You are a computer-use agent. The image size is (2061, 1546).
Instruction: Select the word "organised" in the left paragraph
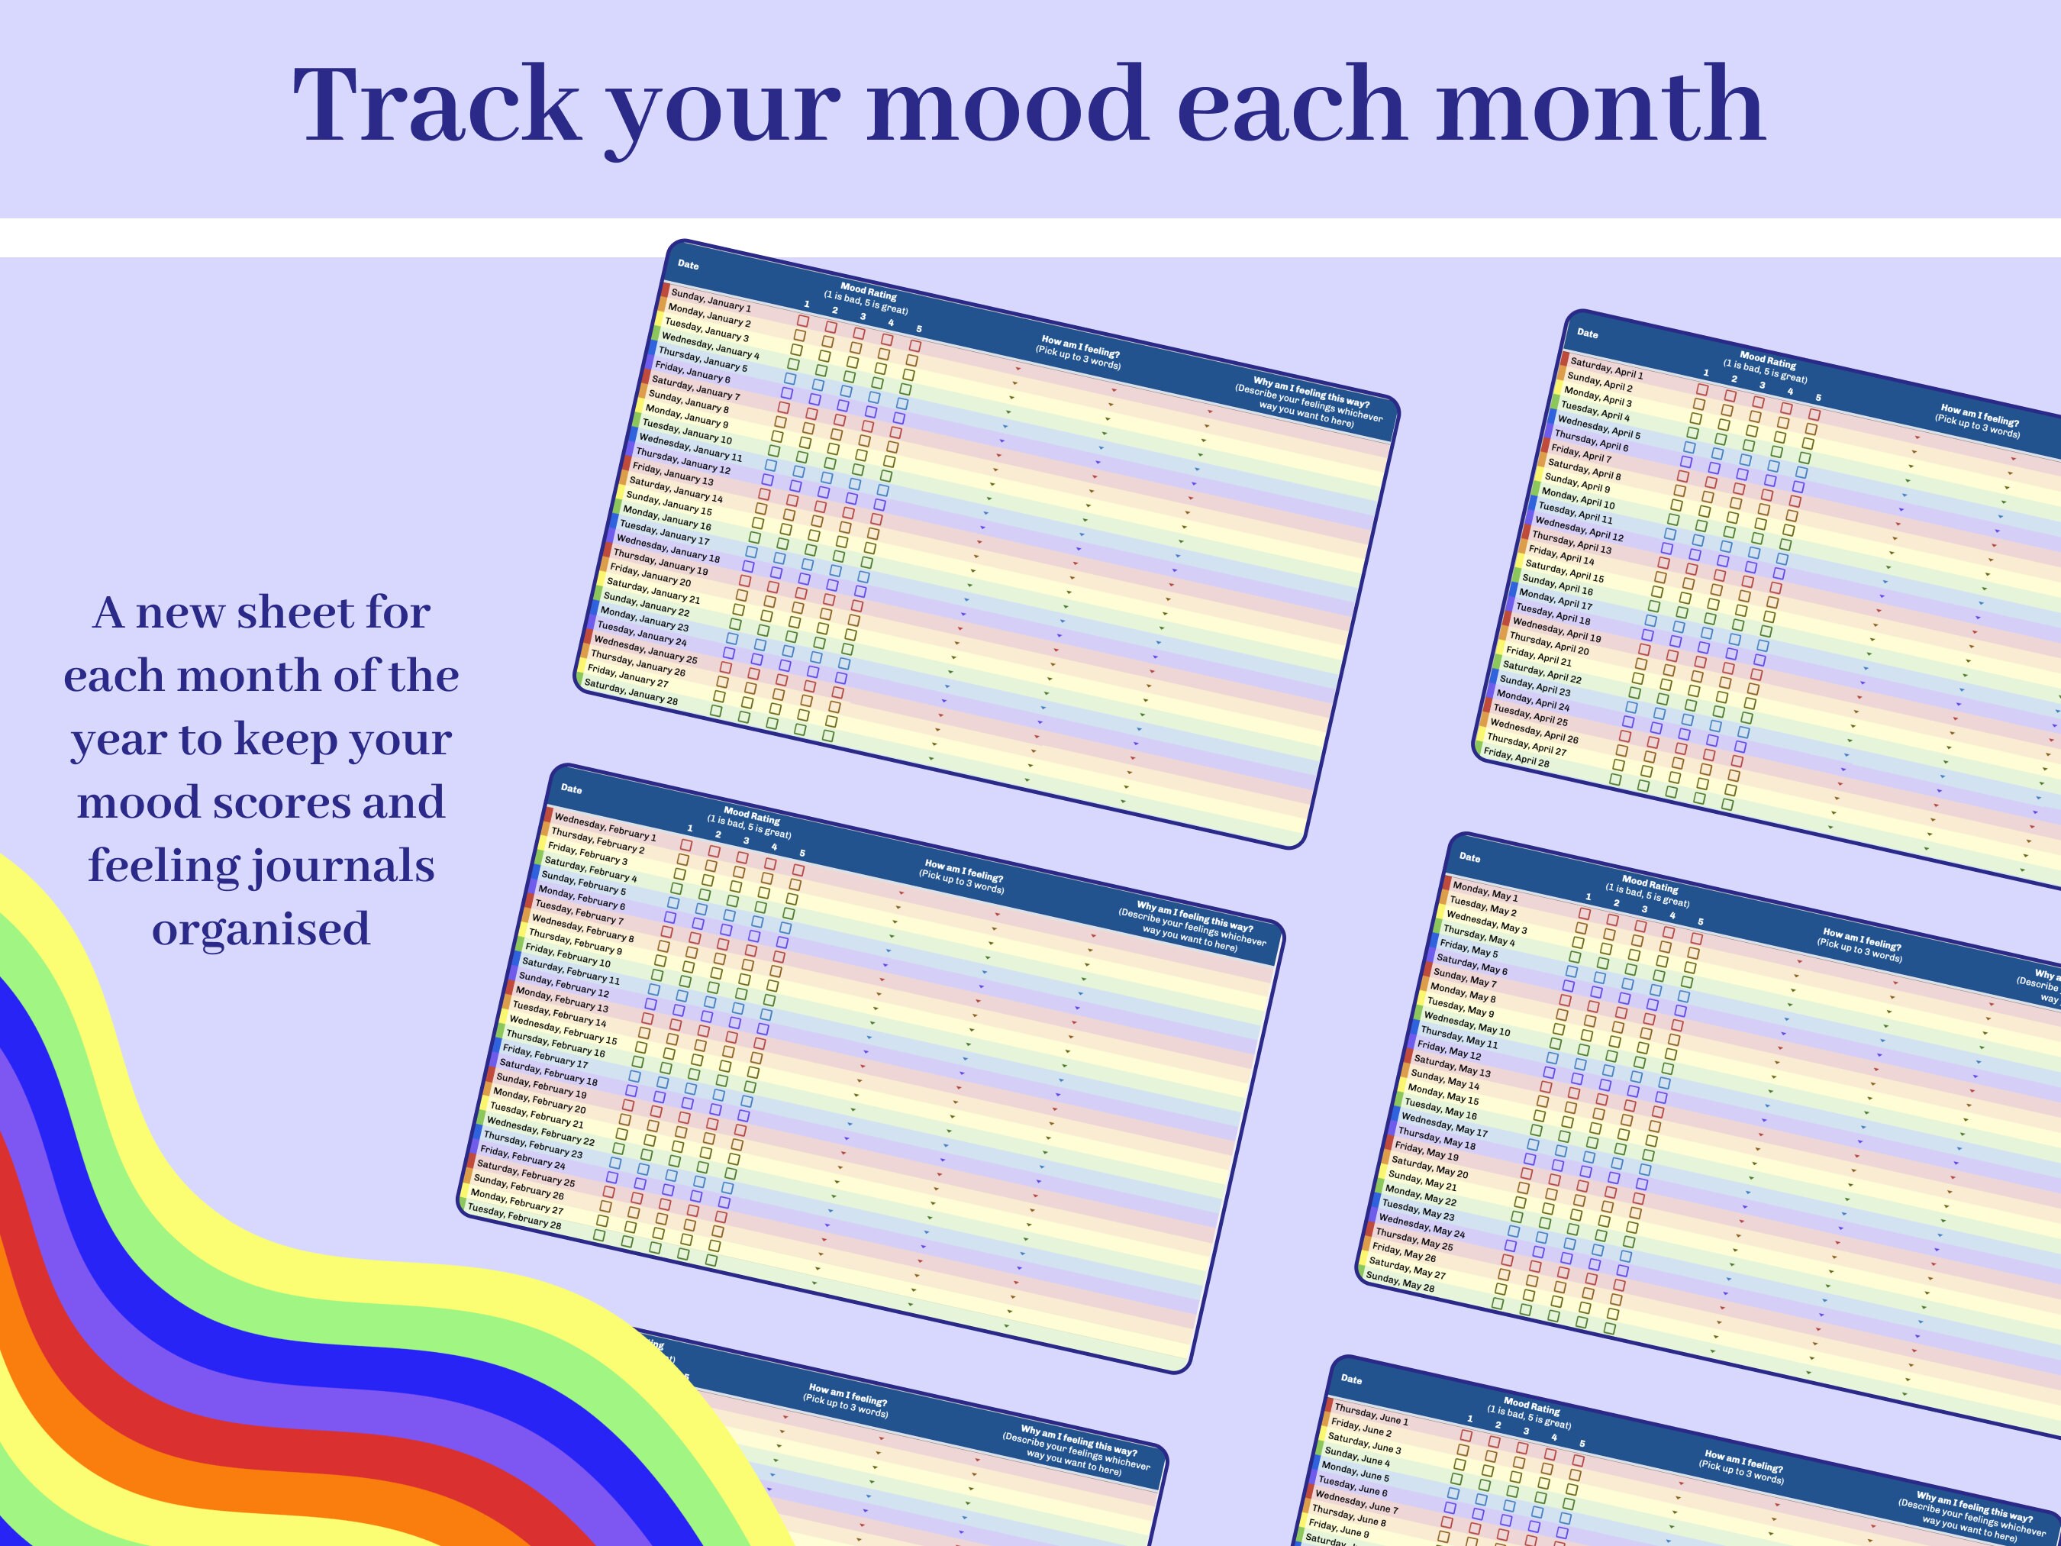(x=261, y=928)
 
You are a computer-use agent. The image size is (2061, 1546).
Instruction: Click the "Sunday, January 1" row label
(x=711, y=300)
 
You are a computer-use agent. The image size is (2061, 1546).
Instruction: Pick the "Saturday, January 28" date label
(x=631, y=692)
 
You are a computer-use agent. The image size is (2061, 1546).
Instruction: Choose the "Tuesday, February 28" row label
(x=514, y=1216)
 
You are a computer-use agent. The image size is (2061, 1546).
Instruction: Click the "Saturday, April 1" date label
(x=1606, y=367)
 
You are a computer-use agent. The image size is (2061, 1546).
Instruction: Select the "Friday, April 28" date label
(x=1516, y=757)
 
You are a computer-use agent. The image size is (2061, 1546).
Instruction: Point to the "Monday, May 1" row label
(x=1485, y=891)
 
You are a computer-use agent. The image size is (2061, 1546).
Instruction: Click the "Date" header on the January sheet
(x=688, y=265)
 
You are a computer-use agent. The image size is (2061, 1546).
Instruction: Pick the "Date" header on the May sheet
(x=1469, y=857)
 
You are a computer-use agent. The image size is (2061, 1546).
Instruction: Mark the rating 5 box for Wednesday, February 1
(x=798, y=870)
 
